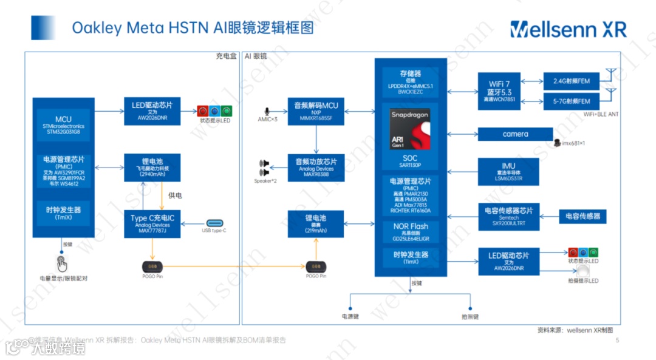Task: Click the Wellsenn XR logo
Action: point(568,29)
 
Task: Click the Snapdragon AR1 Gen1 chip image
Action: point(409,130)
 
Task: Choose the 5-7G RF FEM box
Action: point(572,101)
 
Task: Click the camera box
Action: point(515,134)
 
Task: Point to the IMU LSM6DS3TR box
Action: point(508,171)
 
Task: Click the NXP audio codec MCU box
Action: point(316,111)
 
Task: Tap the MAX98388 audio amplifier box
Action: point(316,167)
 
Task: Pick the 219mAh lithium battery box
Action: point(316,223)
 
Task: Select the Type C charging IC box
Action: point(152,223)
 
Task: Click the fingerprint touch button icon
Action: point(62,263)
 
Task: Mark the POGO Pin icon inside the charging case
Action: point(152,267)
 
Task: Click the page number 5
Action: point(617,341)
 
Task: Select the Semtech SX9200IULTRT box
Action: point(508,216)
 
